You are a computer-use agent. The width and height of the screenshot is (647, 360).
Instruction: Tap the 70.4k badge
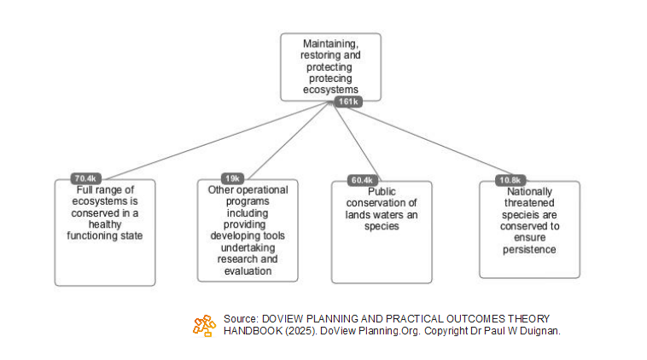[87, 178]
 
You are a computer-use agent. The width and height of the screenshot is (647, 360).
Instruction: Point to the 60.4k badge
[362, 180]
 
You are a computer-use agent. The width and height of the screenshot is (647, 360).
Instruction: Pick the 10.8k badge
[510, 180]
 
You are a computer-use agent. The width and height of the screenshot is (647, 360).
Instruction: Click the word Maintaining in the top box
[330, 43]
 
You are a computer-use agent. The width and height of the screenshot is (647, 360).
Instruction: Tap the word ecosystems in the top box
[330, 90]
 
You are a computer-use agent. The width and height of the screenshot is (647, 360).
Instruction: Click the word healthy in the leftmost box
[104, 224]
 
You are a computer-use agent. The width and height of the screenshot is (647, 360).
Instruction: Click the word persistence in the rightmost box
[529, 249]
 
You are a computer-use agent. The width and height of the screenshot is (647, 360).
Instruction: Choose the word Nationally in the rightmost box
[529, 192]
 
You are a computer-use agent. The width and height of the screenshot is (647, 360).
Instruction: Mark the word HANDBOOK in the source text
[248, 330]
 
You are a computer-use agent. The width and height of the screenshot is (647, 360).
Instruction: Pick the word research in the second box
[236, 258]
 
